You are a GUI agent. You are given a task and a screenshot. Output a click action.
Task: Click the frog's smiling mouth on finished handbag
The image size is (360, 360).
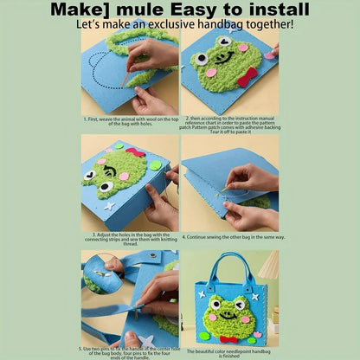(228, 321)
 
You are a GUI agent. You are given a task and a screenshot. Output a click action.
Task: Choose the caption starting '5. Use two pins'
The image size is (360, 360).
(131, 350)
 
